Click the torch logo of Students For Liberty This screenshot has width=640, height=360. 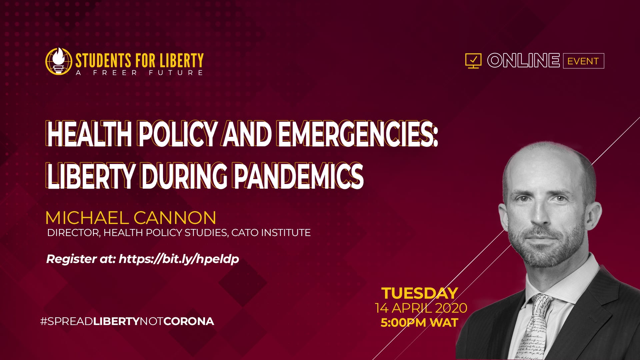[x=59, y=61]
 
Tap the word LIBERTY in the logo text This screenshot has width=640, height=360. [x=181, y=61]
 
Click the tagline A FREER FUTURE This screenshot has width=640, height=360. [x=139, y=73]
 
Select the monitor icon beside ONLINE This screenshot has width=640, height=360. [x=473, y=61]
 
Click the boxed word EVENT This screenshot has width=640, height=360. [x=583, y=61]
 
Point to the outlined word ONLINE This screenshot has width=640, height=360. [x=523, y=61]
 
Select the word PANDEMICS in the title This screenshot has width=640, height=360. [x=298, y=176]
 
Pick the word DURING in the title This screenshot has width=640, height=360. [x=184, y=176]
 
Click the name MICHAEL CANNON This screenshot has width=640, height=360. [x=131, y=218]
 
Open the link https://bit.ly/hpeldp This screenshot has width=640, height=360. [x=179, y=259]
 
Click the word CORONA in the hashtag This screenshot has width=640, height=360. [x=189, y=321]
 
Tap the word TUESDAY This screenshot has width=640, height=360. [x=420, y=293]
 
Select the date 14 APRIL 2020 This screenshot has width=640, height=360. [x=421, y=308]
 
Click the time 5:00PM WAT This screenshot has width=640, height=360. [x=420, y=323]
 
